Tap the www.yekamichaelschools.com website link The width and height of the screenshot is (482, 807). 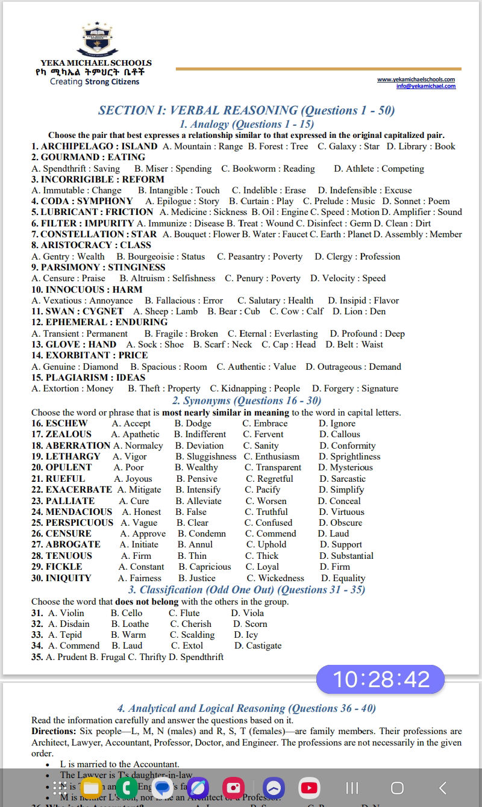[x=416, y=79]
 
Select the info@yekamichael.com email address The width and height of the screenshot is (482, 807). [x=425, y=86]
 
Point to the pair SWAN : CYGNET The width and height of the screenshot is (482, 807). [x=84, y=311]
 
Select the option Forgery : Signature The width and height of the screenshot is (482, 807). [x=355, y=388]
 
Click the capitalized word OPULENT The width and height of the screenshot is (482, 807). [x=69, y=467]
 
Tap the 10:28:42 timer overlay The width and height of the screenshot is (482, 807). [x=380, y=679]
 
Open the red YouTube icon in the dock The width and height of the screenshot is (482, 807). [x=309, y=788]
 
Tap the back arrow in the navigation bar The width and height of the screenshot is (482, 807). [x=442, y=788]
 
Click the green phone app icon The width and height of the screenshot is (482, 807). [x=127, y=788]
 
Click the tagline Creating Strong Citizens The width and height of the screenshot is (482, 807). [x=95, y=82]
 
